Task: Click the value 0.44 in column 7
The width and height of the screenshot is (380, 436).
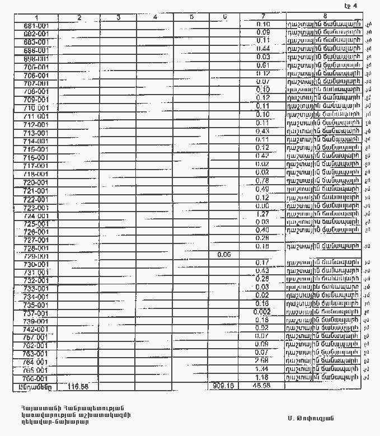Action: (262, 49)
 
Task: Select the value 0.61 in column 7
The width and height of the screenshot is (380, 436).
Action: (262, 65)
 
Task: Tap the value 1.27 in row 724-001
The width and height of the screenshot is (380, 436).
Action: (262, 214)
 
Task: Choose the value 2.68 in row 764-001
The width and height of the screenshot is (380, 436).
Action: (262, 360)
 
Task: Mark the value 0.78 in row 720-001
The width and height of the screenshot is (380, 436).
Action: (262, 181)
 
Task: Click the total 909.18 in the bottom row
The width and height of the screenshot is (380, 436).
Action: (223, 386)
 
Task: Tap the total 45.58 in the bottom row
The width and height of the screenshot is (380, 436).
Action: (262, 386)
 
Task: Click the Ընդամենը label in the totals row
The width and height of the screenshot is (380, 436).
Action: (35, 386)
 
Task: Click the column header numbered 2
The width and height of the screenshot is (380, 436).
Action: (79, 17)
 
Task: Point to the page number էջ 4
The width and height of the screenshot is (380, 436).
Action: (351, 6)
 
